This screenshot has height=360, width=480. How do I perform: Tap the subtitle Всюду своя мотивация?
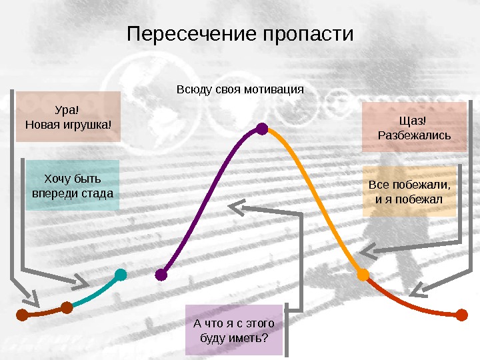pos(240,89)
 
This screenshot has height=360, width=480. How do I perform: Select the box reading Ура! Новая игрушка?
pos(69,117)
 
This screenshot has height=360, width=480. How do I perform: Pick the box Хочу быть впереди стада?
pos(73,185)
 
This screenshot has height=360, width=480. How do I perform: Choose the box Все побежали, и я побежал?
pos(409,191)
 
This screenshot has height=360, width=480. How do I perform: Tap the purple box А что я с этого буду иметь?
pos(233,331)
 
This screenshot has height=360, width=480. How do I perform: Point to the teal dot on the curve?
pos(121,274)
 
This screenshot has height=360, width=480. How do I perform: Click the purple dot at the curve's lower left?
pos(161,274)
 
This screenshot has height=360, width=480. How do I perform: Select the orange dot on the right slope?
pos(363,274)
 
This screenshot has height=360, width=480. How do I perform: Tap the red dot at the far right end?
pos(461,315)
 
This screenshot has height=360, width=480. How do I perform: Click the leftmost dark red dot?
pos(21,315)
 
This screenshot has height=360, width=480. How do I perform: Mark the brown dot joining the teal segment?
pos(67,307)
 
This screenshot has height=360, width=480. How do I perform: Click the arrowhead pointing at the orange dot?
pos(366,252)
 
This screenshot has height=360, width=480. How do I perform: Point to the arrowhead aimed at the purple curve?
pos(237,208)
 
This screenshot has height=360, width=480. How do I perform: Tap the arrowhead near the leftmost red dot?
pos(31,295)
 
